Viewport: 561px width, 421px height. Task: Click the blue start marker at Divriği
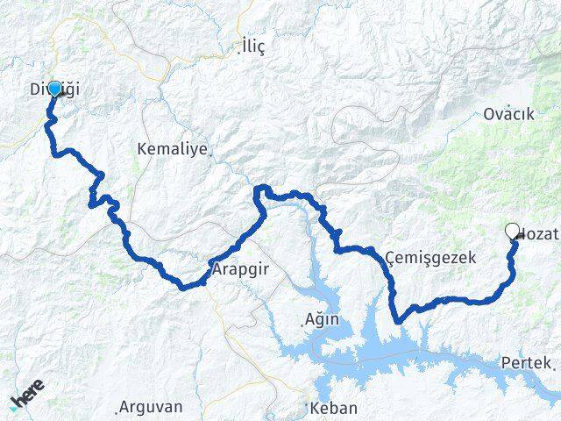[54, 89]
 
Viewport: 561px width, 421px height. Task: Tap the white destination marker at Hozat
[512, 231]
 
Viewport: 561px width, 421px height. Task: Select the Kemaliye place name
[172, 149]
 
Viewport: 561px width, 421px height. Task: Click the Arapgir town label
[238, 270]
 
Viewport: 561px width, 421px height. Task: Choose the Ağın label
[322, 319]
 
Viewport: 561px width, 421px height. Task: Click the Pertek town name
[526, 362]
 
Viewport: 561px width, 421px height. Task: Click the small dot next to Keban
[307, 406]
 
